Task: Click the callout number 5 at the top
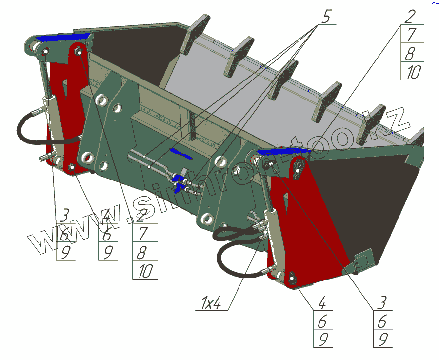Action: [326, 16]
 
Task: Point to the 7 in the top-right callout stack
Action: [412, 34]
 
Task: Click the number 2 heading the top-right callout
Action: [410, 16]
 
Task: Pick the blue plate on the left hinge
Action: [63, 38]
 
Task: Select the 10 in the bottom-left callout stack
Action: [145, 271]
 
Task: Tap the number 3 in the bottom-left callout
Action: [64, 215]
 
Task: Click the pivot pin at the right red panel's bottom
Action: [293, 279]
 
